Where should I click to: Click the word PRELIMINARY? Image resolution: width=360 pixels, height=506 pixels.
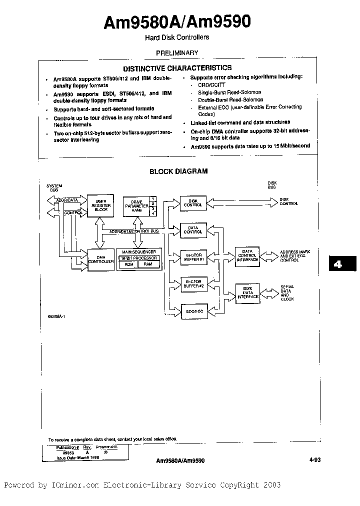(x=177, y=52)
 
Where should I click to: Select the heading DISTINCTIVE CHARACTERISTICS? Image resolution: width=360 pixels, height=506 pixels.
(x=177, y=67)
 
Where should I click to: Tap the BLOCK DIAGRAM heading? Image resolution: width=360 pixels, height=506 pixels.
(x=178, y=171)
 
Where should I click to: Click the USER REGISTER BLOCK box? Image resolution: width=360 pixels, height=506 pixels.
(x=100, y=204)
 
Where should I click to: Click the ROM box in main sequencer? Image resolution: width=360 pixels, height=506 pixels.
(x=128, y=264)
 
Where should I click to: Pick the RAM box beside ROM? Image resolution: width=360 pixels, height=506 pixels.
(x=148, y=264)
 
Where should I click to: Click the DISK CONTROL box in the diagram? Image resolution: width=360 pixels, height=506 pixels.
(x=193, y=202)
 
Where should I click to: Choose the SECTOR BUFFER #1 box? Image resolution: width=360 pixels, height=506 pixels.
(x=193, y=257)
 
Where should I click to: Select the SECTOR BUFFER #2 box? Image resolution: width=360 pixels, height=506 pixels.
(x=193, y=284)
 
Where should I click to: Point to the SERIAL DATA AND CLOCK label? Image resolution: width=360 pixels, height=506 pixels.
(x=287, y=293)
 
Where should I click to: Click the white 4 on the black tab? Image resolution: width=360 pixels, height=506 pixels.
(x=338, y=264)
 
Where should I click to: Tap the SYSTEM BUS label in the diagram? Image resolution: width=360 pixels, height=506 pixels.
(x=53, y=187)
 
